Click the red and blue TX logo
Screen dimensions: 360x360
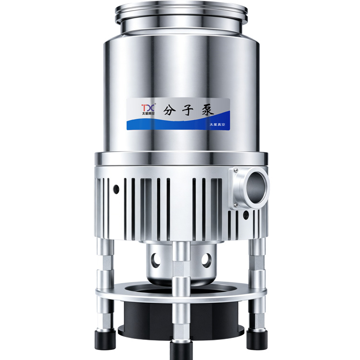pos(148,108)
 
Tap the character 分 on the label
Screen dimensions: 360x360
pos(170,111)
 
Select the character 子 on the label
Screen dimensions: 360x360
pos(188,110)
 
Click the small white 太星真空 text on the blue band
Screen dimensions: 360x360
pos(217,125)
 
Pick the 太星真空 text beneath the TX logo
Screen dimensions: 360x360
pos(148,113)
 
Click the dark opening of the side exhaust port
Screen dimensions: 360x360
pos(257,188)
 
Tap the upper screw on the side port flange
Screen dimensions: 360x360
pos(236,170)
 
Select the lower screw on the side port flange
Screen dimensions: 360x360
pos(235,205)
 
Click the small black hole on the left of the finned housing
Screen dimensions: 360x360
pos(116,189)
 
